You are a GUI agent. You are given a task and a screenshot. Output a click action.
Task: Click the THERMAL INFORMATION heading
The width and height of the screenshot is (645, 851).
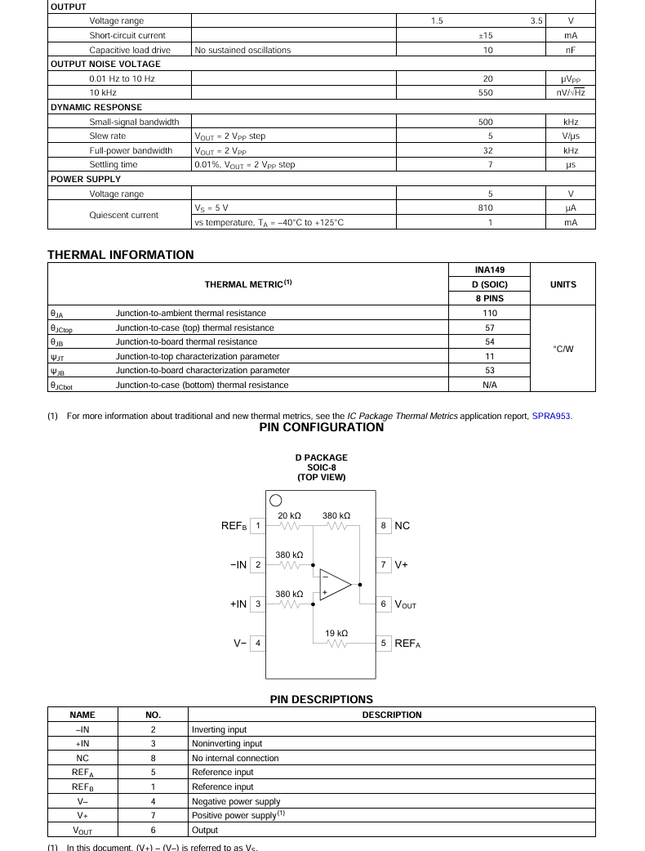(121, 255)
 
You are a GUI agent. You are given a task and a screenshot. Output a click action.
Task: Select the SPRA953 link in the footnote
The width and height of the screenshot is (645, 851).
(552, 417)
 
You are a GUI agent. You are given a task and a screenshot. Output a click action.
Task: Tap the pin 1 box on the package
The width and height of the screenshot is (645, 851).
(257, 526)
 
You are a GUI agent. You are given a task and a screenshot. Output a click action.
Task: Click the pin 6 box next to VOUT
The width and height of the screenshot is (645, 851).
(383, 604)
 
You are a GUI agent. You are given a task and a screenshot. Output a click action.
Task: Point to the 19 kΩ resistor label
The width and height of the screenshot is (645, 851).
(336, 633)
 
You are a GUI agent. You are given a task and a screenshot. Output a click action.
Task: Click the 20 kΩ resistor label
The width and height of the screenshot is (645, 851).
(289, 516)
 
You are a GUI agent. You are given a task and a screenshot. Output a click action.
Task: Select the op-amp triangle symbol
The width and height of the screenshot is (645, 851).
(334, 585)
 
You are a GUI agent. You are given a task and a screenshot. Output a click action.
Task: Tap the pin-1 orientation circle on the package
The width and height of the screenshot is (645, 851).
(275, 501)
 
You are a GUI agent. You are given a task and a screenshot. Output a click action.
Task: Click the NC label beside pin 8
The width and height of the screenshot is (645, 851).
(403, 526)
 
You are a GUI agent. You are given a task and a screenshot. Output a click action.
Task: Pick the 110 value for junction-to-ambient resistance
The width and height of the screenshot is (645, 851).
(490, 314)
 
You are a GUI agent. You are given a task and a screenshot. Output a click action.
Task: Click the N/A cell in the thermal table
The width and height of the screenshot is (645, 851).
(490, 385)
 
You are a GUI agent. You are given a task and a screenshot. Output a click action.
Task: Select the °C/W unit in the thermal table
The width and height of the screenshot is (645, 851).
(563, 349)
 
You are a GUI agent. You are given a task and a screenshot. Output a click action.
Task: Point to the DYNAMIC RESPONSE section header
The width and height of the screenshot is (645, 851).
(96, 108)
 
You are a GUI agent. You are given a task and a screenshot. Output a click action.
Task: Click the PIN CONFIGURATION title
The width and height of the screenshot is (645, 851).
(322, 428)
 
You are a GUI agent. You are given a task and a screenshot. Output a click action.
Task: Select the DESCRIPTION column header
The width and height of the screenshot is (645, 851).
(392, 715)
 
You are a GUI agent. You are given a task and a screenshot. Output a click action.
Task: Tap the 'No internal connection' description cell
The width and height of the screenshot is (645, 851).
(235, 758)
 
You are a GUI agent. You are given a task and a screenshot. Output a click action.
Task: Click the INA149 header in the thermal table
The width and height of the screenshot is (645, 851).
(490, 270)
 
